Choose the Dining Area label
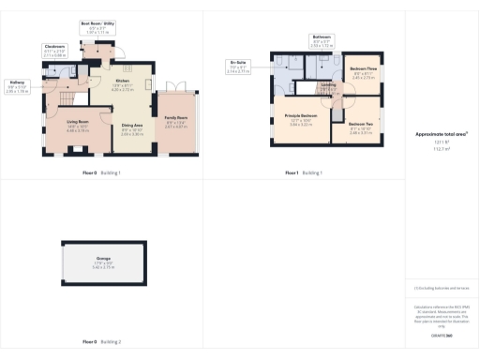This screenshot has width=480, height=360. [131, 126]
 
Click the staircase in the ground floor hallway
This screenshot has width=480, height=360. [66, 95]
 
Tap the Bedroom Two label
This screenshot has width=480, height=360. [361, 127]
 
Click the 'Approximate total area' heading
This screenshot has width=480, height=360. [442, 134]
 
